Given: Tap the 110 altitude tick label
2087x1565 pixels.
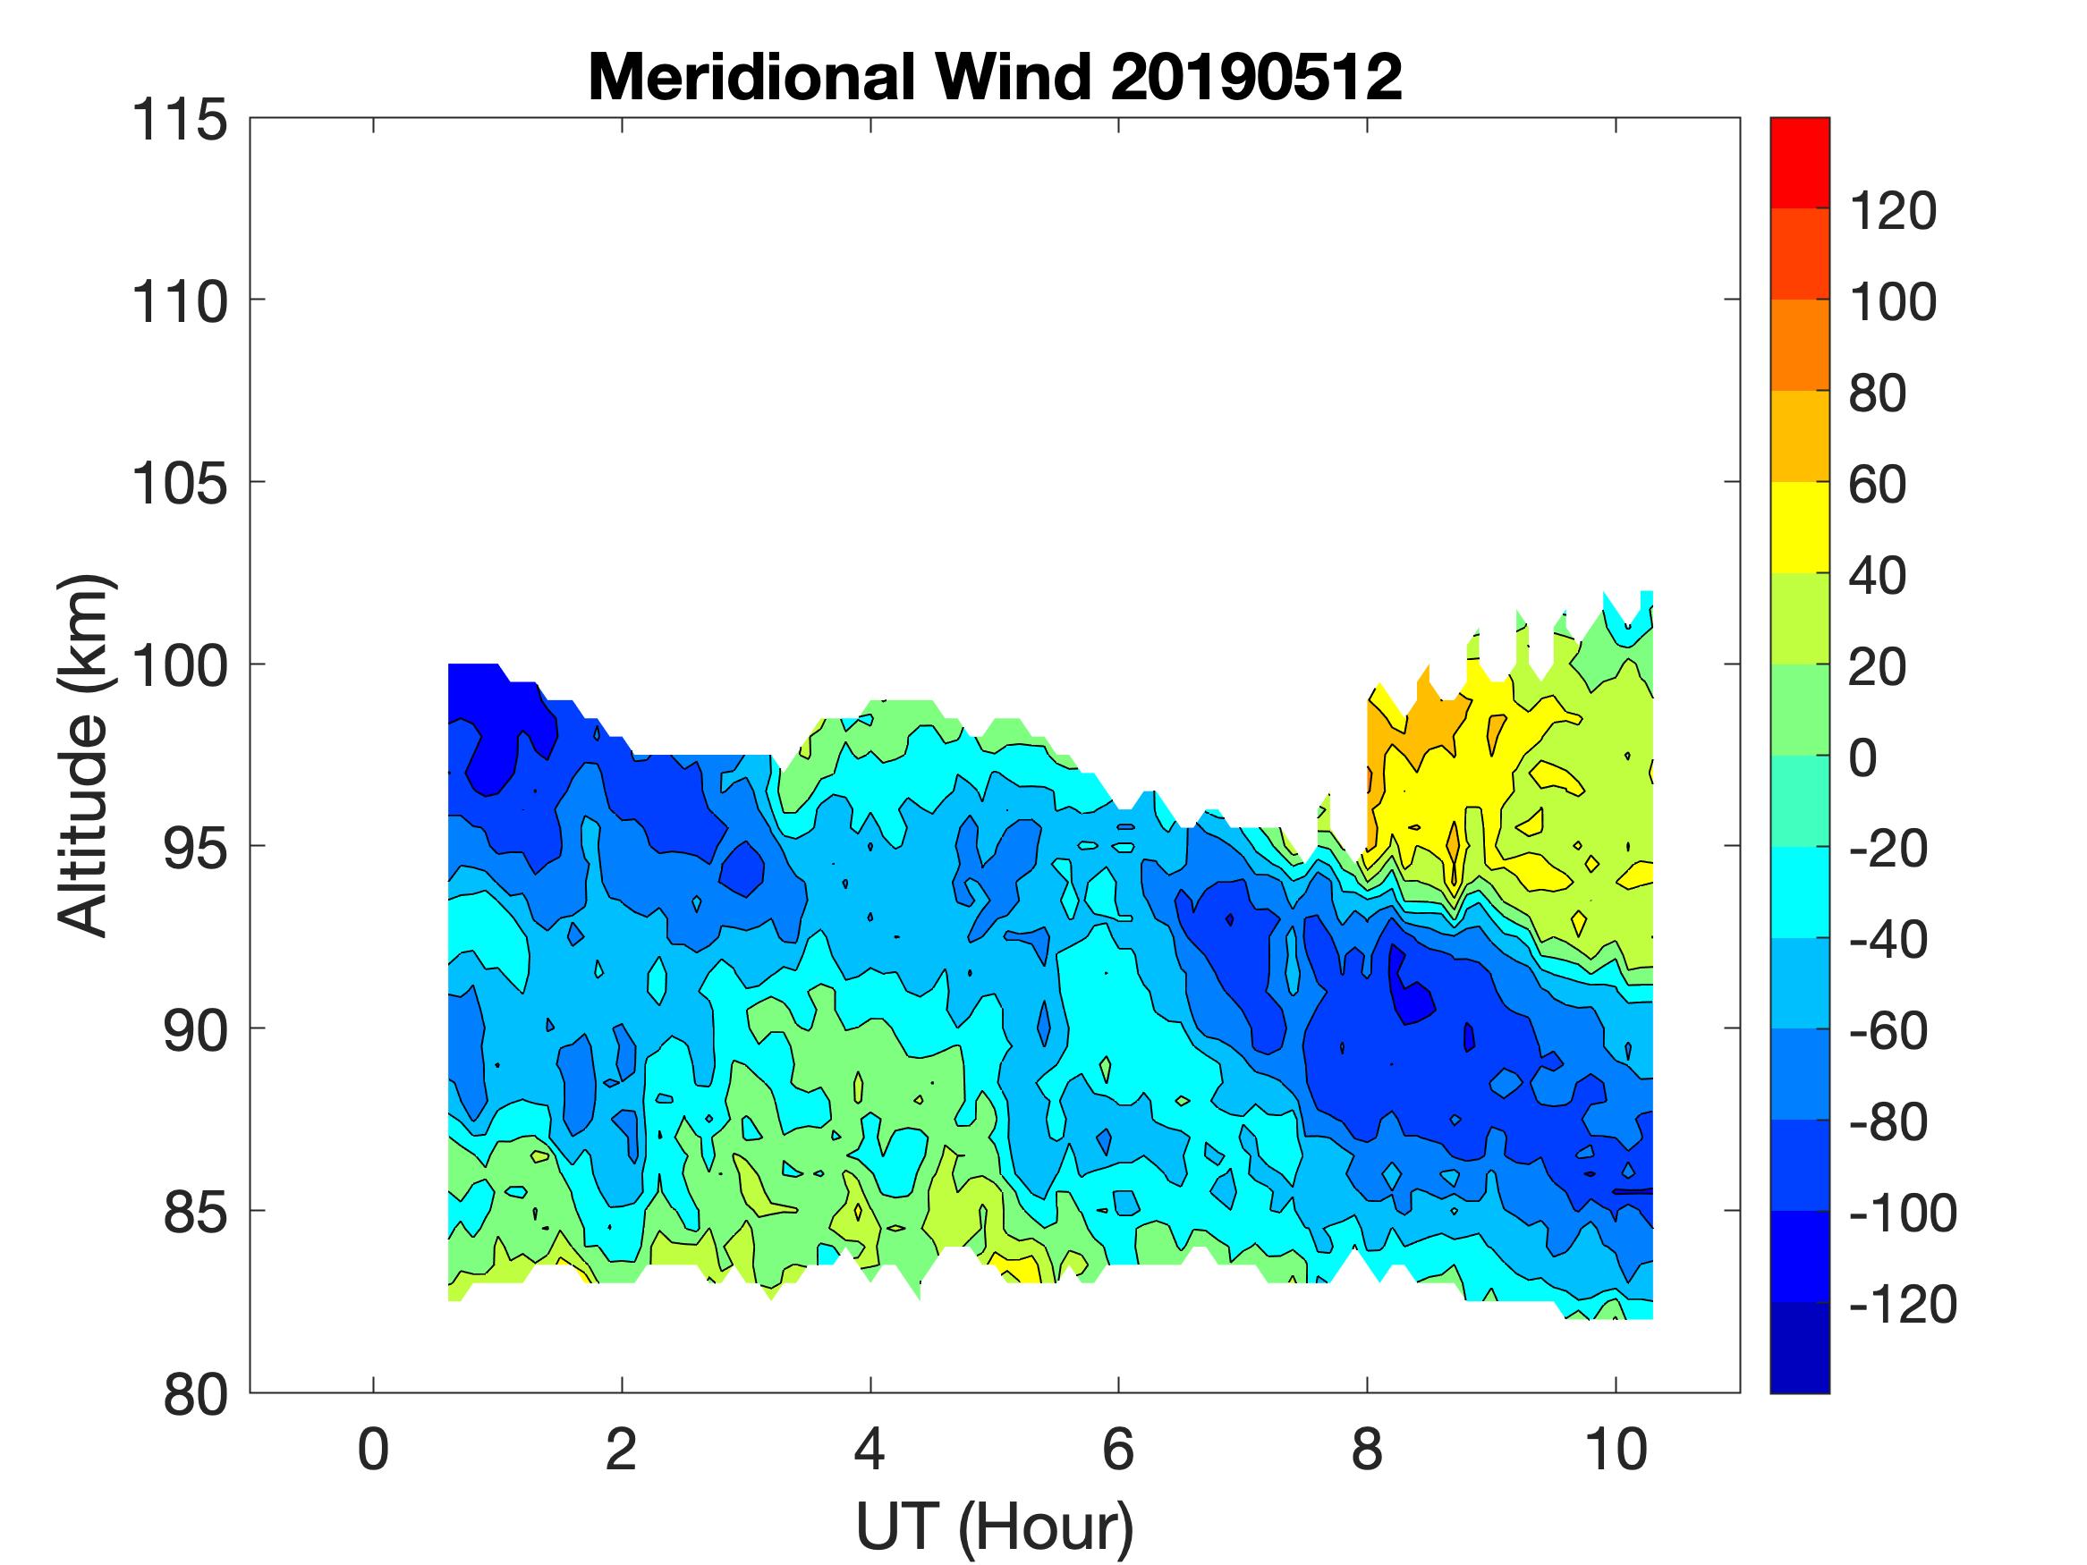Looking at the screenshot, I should click(x=179, y=303).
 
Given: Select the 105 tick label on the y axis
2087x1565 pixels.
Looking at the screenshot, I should click(x=179, y=485).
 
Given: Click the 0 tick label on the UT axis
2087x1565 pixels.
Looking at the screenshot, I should click(x=374, y=1450).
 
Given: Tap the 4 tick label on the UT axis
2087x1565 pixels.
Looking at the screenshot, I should click(x=870, y=1450).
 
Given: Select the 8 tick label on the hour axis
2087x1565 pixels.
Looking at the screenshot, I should click(x=1367, y=1450).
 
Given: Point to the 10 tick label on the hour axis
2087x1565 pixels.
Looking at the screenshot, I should click(x=1616, y=1450).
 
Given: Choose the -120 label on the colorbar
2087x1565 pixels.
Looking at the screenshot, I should click(x=1902, y=1305).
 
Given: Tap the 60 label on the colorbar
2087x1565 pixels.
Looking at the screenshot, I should click(x=1878, y=484).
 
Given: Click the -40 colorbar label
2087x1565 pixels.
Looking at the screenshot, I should click(x=1887, y=940).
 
